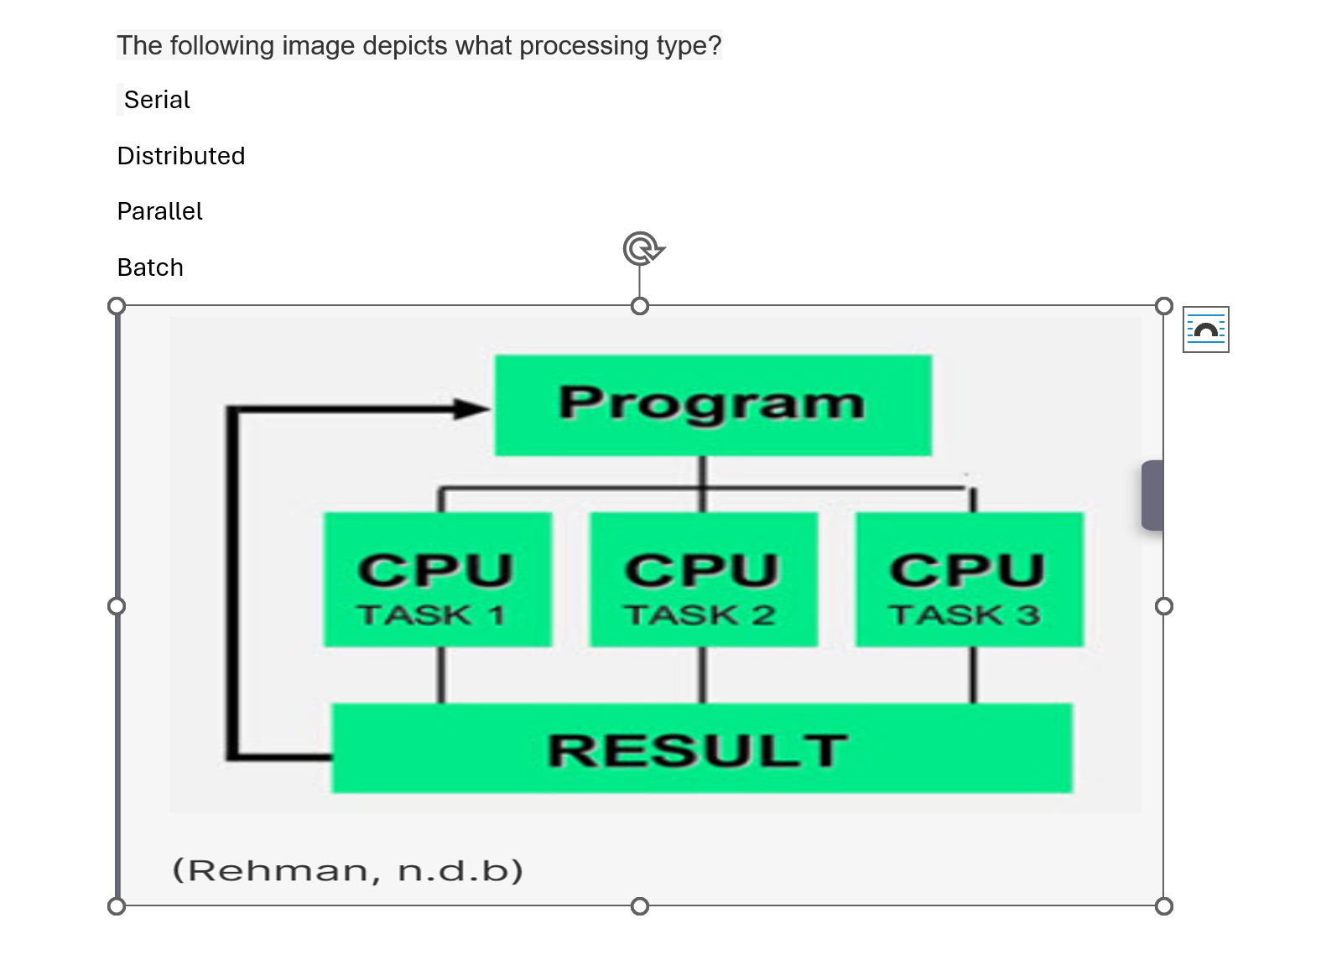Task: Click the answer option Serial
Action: pyautogui.click(x=157, y=100)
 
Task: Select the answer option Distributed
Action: pyautogui.click(x=181, y=156)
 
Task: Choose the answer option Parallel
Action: pyautogui.click(x=159, y=211)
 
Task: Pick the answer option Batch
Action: pyautogui.click(x=150, y=267)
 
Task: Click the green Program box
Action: pyautogui.click(x=712, y=405)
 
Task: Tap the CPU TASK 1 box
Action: pyautogui.click(x=437, y=579)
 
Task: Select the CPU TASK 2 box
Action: pyautogui.click(x=703, y=579)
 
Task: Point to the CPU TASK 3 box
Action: pyautogui.click(x=969, y=579)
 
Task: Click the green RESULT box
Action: pyautogui.click(x=701, y=749)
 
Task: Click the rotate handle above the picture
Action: pyautogui.click(x=642, y=249)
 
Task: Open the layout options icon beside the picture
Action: pyautogui.click(x=1205, y=329)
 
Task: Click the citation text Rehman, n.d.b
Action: pyautogui.click(x=347, y=870)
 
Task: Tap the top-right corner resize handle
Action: pyautogui.click(x=1163, y=306)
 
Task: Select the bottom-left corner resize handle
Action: pyautogui.click(x=117, y=905)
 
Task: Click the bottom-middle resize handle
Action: pyautogui.click(x=640, y=905)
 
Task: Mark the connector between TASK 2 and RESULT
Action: pyautogui.click(x=703, y=675)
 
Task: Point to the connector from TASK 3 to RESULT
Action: pyautogui.click(x=973, y=675)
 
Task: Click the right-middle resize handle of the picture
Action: pyautogui.click(x=1163, y=606)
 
